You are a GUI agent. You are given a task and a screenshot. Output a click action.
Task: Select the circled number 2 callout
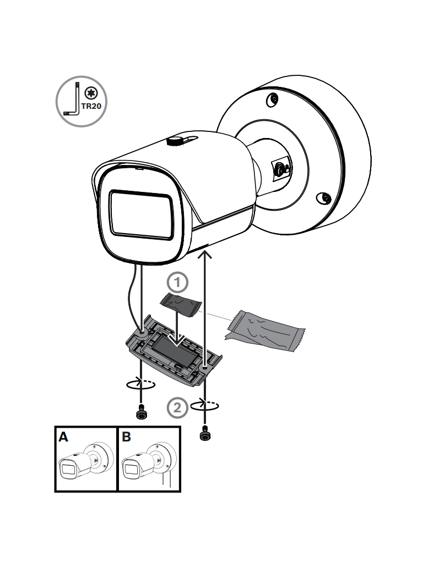click(176, 407)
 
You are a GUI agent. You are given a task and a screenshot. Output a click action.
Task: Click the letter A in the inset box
click(64, 438)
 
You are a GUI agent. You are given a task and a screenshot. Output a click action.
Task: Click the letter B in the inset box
click(126, 438)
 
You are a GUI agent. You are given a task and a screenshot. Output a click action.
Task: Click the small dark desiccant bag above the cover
click(180, 305)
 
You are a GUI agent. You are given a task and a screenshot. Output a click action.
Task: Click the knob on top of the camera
click(176, 141)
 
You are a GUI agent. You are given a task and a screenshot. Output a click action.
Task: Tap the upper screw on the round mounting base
click(272, 100)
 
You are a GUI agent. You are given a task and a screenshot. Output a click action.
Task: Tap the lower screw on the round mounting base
click(326, 197)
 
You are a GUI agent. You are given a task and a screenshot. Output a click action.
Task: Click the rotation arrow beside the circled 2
click(204, 405)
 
